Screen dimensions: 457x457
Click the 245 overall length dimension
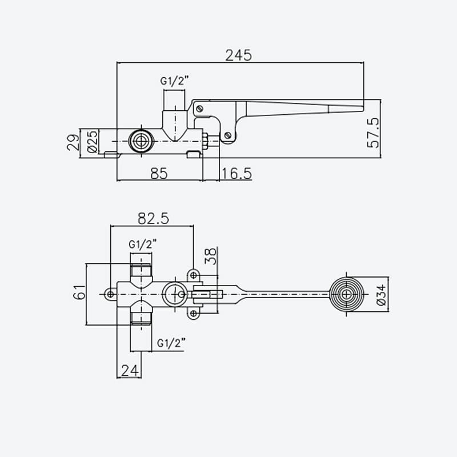pos(238,55)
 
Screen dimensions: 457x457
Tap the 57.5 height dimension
pos(374,133)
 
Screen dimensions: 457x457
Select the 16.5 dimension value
pos(236,174)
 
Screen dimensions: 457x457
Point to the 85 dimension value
pos(159,174)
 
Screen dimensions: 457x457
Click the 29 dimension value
pos(73,142)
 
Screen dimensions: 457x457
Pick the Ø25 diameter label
pos(93,142)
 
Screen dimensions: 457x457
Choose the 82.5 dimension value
pos(153,218)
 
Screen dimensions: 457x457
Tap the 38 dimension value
pos(211,256)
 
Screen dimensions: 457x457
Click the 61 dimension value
pos(79,292)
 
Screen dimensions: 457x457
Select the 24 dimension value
pos(130,371)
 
